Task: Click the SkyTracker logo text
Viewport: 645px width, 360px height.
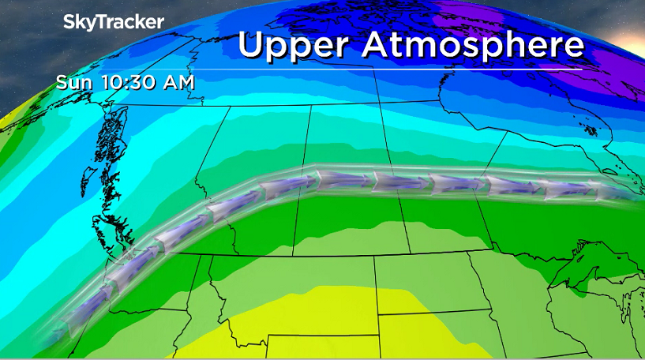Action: pos(114,22)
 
